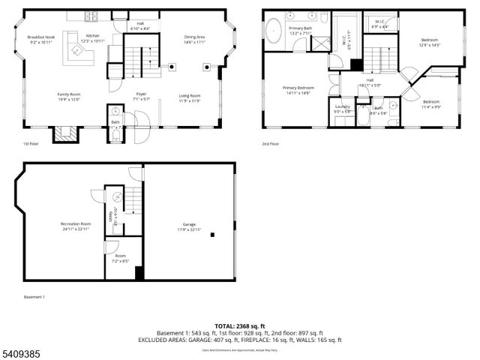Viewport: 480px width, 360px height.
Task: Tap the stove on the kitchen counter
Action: [x=93, y=15]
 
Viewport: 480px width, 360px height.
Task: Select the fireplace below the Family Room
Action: [x=64, y=134]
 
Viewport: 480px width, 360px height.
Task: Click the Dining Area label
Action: [x=194, y=36]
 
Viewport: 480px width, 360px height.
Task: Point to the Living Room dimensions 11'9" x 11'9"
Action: [x=189, y=100]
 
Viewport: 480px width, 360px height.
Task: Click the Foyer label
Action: [x=141, y=94]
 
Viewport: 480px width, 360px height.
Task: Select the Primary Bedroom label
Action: [x=298, y=88]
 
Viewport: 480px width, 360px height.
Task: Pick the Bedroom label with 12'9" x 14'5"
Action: [x=430, y=40]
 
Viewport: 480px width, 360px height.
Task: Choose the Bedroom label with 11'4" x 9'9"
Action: [x=431, y=101]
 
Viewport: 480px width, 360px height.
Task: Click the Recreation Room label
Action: [x=76, y=223]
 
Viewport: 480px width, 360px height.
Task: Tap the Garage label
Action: [x=189, y=224]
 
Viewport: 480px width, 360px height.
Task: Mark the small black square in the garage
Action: [x=212, y=235]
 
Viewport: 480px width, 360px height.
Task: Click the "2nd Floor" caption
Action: [x=270, y=144]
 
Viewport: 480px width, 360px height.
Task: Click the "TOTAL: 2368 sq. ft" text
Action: [x=239, y=325]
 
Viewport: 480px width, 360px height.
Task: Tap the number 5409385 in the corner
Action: [x=22, y=352]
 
